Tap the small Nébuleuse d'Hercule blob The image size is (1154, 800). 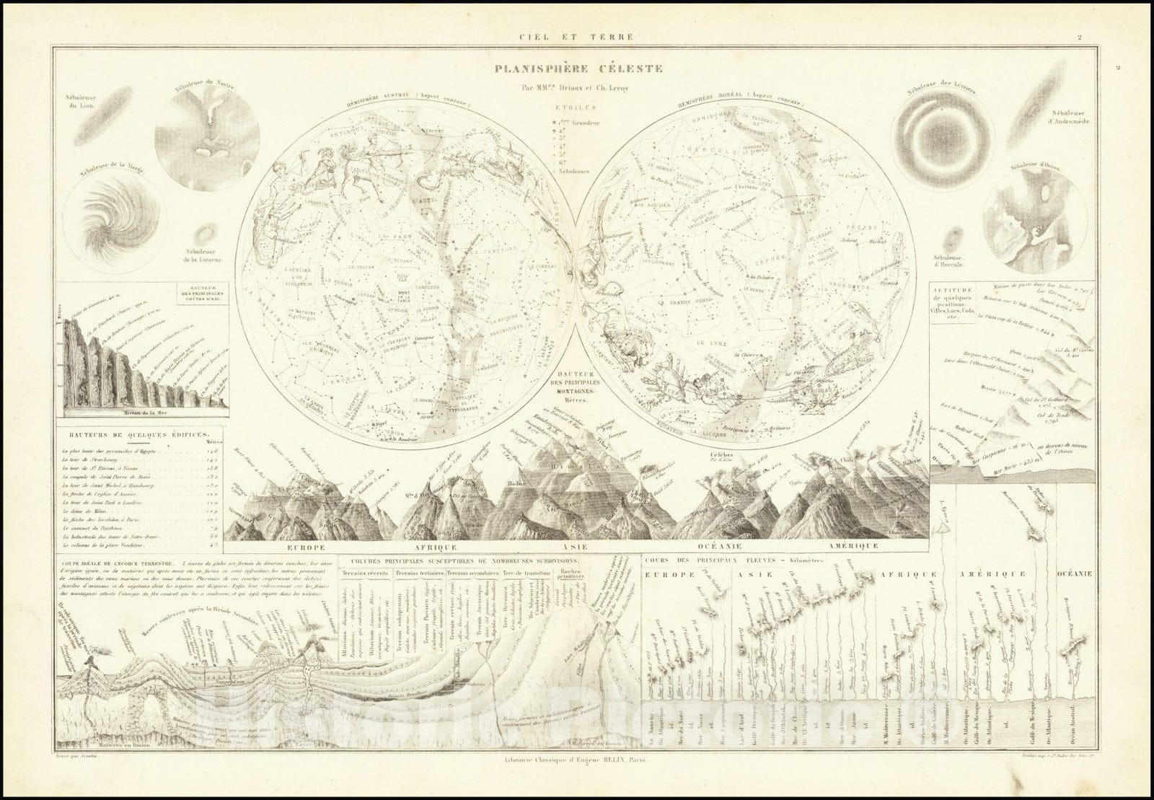[x=958, y=239]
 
